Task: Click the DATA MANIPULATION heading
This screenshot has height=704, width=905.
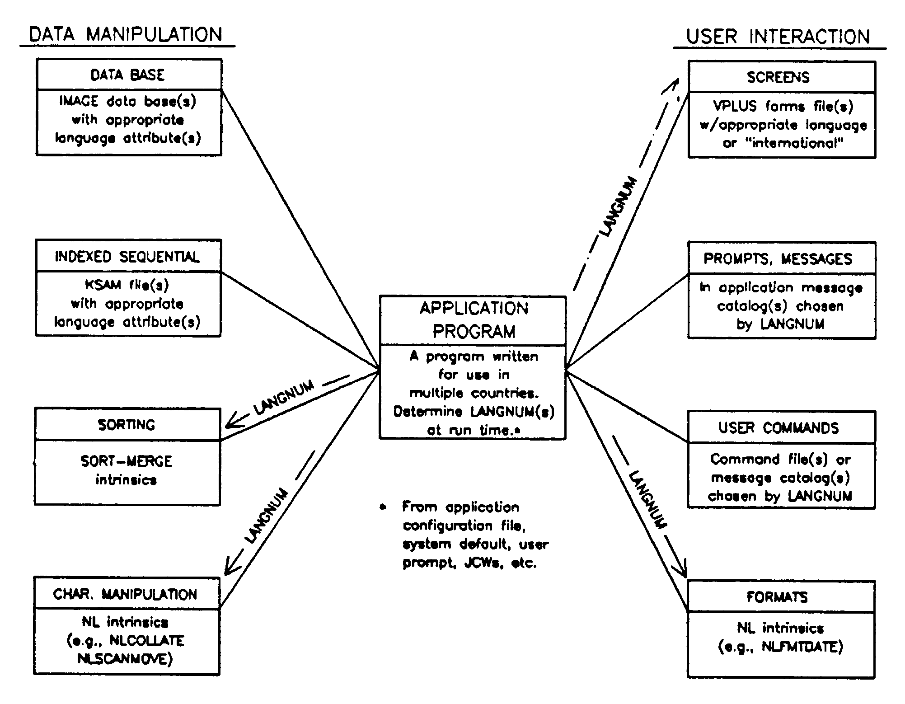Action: (126, 35)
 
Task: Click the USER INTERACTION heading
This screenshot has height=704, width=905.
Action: (778, 37)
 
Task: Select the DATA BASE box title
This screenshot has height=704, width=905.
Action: (127, 75)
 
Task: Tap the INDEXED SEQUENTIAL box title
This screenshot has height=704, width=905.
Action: (127, 257)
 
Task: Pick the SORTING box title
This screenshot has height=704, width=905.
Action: (127, 425)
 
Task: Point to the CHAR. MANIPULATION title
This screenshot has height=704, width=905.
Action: (125, 594)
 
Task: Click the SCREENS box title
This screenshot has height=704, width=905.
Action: (778, 77)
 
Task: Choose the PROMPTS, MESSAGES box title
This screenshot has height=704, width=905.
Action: (778, 259)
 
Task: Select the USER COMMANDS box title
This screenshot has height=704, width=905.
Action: (778, 428)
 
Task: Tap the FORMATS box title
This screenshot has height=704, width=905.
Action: (777, 597)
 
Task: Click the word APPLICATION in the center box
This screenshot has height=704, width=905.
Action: (474, 309)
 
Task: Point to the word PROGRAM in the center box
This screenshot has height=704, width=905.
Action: (474, 332)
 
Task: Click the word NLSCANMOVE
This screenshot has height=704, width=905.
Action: (125, 659)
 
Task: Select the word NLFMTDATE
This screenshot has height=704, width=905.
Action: (802, 647)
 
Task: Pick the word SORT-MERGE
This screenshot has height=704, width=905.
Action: (127, 461)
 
